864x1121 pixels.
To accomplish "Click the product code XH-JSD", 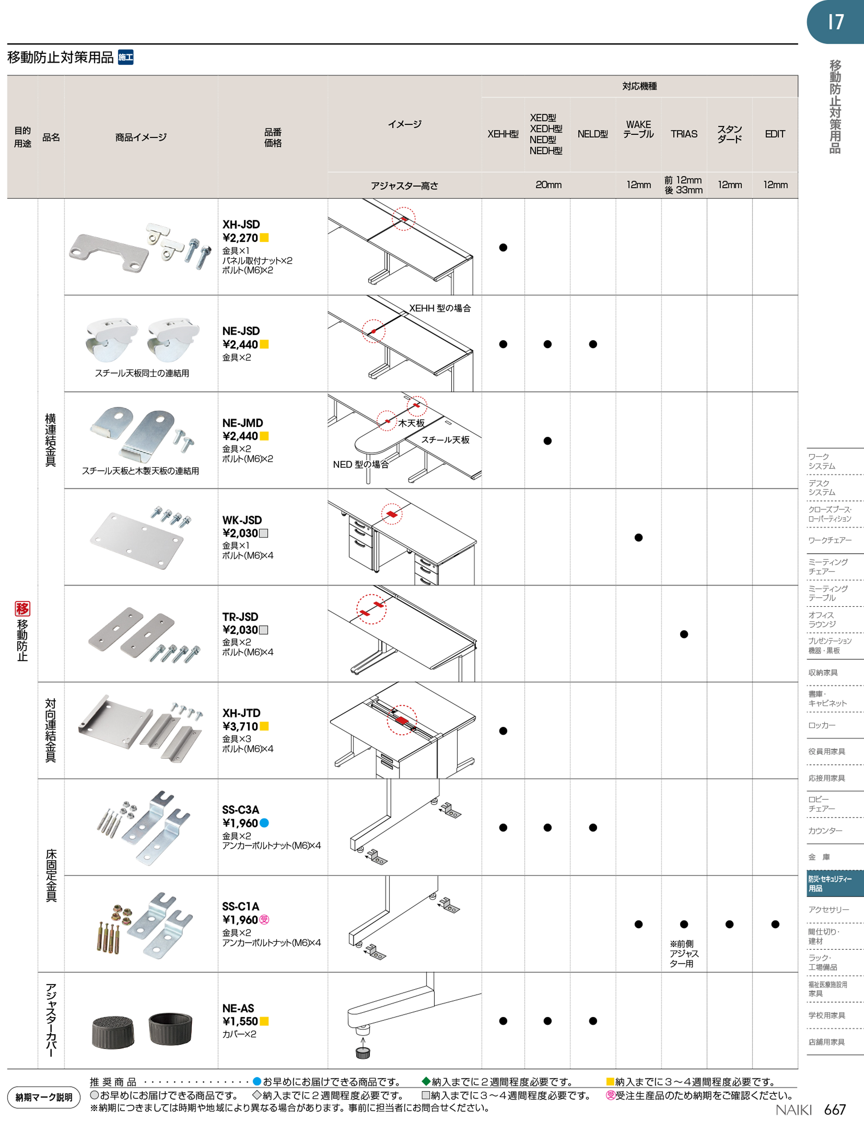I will coord(241,224).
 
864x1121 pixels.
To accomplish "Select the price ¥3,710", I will coord(240,726).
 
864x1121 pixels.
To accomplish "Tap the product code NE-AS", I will coord(238,1008).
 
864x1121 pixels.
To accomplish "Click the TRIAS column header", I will coord(684,134).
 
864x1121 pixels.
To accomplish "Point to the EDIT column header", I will coord(775,134).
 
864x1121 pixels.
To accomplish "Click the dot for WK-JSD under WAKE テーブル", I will coord(638,537).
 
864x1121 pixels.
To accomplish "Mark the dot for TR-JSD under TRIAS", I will coord(684,634).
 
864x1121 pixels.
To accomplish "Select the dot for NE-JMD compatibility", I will coord(548,441).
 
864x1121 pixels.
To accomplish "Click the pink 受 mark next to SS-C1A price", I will coord(264,920).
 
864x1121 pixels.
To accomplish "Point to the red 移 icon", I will coord(22,609).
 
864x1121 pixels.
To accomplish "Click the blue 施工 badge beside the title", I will coord(126,57).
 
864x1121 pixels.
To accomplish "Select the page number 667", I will coord(835,1109).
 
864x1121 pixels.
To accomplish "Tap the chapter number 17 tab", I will coord(835,22).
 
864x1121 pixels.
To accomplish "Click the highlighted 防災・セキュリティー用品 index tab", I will coord(835,883).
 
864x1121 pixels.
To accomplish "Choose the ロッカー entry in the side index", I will coord(822,725).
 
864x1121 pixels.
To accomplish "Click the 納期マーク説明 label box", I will coord(43,1097).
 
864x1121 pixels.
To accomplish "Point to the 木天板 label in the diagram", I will coord(411,423).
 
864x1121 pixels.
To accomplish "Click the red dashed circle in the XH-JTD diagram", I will coord(402,720).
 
